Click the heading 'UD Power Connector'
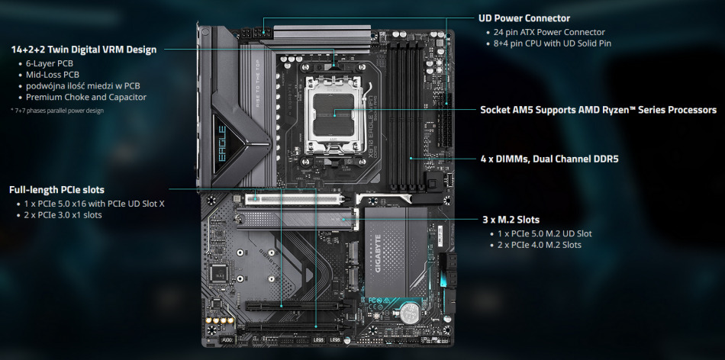[525, 18]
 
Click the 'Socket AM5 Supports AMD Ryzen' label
[598, 110]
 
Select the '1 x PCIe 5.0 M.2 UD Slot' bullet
[544, 233]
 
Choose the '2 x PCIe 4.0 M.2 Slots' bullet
[540, 245]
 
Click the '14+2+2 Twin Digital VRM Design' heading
[83, 50]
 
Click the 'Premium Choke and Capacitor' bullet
[85, 97]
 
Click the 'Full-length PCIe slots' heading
[56, 189]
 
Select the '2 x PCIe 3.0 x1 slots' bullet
[63, 215]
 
